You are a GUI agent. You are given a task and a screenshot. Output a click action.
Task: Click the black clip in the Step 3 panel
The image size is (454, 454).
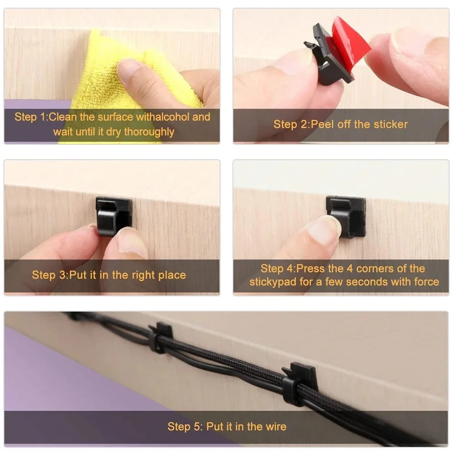(113, 213)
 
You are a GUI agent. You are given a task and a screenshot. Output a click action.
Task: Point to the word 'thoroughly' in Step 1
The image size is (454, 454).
(149, 132)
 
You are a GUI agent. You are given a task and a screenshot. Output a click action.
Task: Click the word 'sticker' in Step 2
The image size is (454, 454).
(391, 124)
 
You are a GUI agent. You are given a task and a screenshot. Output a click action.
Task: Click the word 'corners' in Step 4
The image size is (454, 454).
(380, 268)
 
